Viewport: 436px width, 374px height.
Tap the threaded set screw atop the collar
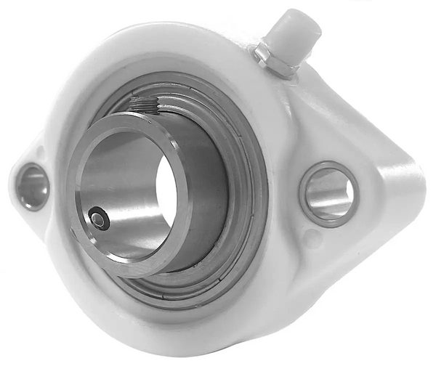(146, 106)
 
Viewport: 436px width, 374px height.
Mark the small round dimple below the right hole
(312, 237)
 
